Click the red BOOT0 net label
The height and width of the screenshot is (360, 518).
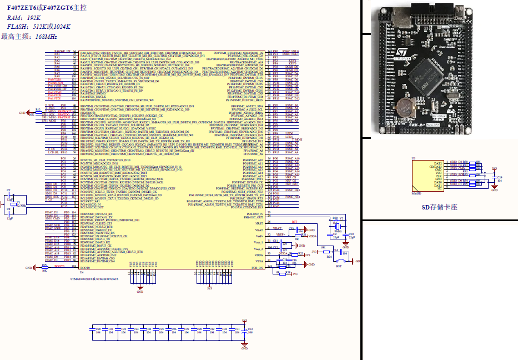click(x=59, y=266)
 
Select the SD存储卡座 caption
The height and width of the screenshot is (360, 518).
click(x=439, y=207)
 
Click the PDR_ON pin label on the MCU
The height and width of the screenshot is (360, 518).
click(x=256, y=267)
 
